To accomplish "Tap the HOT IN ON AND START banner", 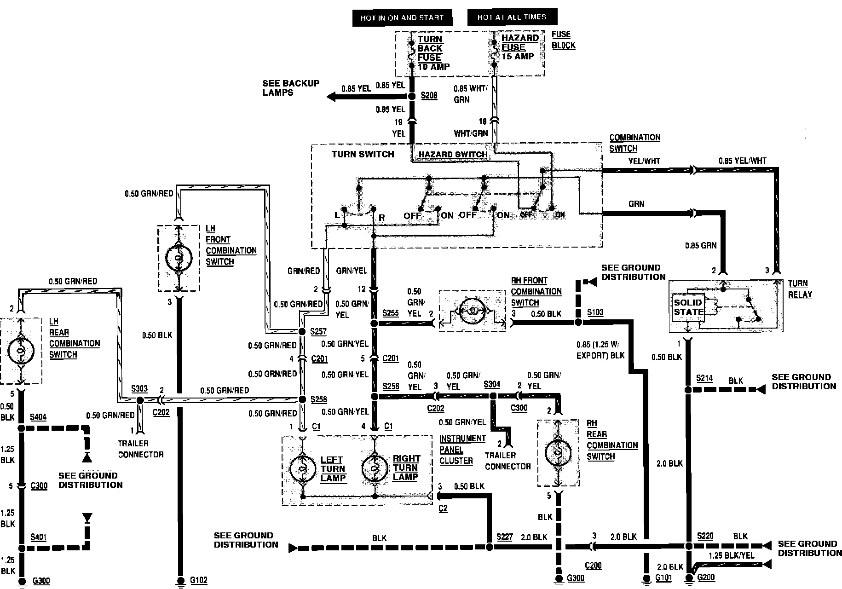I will [402, 18].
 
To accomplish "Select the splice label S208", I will [429, 96].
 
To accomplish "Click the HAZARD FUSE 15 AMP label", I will [519, 47].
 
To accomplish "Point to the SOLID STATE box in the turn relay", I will [688, 307].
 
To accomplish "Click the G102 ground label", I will [199, 581].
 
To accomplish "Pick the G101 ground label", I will [663, 577].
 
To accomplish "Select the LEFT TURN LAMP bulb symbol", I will [303, 468].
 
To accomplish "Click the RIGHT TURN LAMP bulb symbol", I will [375, 468].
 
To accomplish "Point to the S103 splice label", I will [595, 312].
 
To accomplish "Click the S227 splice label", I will [505, 537].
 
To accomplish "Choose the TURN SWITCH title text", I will [363, 154].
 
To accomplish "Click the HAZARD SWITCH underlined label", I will [453, 155].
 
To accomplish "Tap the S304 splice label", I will [492, 384].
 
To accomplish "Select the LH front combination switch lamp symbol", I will [179, 258].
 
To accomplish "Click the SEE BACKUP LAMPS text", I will [291, 88].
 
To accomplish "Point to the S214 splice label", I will [704, 378].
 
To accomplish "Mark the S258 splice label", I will [318, 399].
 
